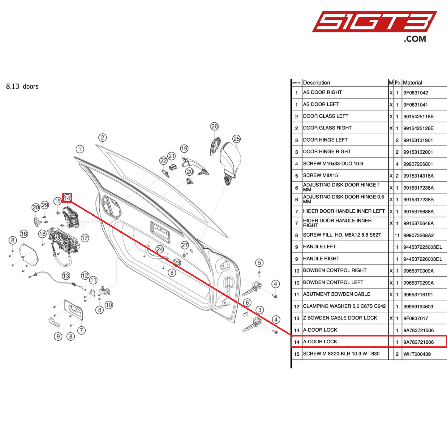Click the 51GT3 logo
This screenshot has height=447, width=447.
(374, 22)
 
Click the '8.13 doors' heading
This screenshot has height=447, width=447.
(22, 87)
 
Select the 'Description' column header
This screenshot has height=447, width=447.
(316, 83)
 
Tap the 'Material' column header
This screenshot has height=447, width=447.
(412, 83)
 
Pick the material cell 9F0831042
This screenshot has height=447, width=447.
(415, 93)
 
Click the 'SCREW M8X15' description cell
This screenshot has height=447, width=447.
(320, 175)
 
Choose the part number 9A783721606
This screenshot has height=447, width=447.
(418, 342)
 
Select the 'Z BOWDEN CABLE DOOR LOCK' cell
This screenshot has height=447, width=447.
(340, 318)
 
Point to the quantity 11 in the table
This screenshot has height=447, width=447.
(397, 235)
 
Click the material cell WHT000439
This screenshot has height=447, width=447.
(417, 354)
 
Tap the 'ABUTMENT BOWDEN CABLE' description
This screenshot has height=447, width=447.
(337, 294)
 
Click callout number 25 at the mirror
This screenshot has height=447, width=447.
(237, 139)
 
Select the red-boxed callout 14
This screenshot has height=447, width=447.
(67, 198)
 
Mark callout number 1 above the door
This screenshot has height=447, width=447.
(80, 149)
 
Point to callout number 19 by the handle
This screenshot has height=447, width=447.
(184, 148)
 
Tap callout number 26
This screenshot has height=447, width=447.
(214, 126)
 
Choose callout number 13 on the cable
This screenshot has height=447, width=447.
(66, 276)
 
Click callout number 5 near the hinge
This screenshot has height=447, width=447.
(259, 263)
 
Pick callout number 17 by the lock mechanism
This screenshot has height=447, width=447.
(85, 238)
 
